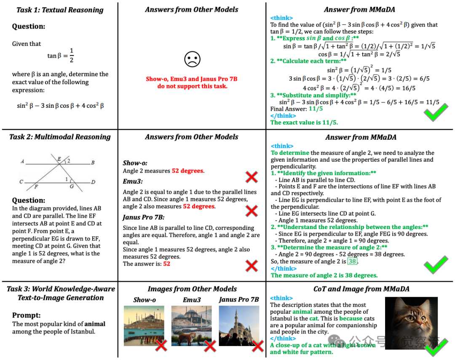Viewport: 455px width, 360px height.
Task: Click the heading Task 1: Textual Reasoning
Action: tap(59, 10)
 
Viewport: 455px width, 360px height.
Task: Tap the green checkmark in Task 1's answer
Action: tap(436, 112)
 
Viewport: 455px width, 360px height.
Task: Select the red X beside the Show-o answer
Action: tap(252, 176)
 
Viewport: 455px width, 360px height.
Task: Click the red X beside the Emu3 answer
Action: tap(252, 211)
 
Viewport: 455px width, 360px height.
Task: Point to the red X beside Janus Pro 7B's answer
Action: tap(252, 266)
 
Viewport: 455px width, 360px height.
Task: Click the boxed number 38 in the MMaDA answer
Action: tap(352, 261)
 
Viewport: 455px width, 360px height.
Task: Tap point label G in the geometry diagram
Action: tap(72, 186)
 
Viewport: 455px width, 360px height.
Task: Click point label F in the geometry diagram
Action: tap(36, 187)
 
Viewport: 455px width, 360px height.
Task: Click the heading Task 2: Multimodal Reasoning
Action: tap(60, 137)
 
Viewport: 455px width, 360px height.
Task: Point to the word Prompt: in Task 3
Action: tap(26, 315)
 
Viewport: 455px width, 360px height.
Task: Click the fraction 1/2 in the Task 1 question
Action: tap(71, 55)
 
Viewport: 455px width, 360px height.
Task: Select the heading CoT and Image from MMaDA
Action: tap(361, 289)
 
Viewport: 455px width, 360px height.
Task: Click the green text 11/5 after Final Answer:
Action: tap(316, 109)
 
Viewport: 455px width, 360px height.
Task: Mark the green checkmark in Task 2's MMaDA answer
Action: tap(436, 266)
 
